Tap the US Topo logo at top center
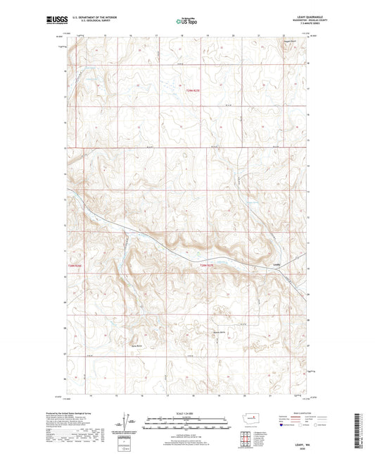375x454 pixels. tap(186, 22)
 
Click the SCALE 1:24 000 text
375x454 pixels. tap(187, 412)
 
